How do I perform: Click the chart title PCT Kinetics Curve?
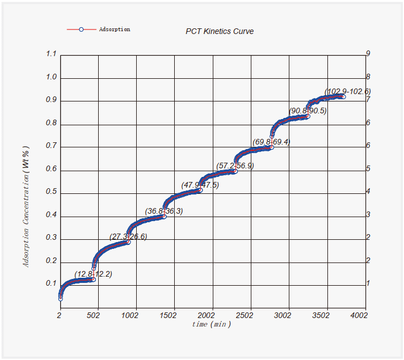(x=220, y=31)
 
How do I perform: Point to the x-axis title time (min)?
(x=211, y=324)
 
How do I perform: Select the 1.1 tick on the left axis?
(x=52, y=54)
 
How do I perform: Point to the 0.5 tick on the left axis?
(x=52, y=192)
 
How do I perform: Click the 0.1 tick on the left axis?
(x=52, y=284)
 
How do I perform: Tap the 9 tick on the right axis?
(x=368, y=54)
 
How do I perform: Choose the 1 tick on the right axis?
(x=368, y=283)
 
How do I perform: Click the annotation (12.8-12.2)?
(x=94, y=274)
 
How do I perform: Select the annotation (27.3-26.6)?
(x=128, y=236)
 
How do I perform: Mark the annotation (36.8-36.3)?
(x=164, y=211)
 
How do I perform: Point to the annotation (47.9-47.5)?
(x=200, y=185)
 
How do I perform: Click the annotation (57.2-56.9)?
(x=235, y=166)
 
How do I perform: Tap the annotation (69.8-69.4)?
(x=271, y=142)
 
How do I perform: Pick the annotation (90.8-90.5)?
(x=308, y=111)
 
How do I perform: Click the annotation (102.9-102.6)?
(x=347, y=91)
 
